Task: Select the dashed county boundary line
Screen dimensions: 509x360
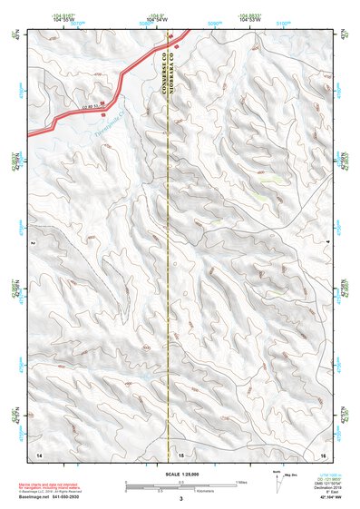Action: pos(169,272)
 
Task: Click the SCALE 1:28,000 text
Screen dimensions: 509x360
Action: pos(180,475)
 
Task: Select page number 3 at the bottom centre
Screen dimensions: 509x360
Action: pos(180,499)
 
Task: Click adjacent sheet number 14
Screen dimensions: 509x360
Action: pos(38,453)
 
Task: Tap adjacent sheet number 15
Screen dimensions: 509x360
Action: pos(180,453)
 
